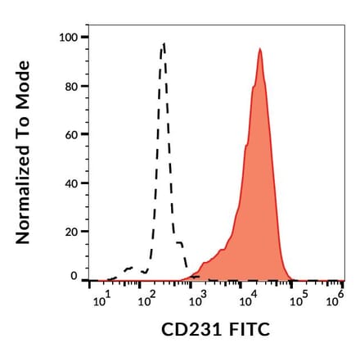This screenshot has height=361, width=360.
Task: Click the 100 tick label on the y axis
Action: [69, 38]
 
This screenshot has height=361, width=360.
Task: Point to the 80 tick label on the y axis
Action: [71, 86]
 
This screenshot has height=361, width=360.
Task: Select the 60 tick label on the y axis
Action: [71, 134]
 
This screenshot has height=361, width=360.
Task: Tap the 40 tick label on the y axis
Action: [71, 183]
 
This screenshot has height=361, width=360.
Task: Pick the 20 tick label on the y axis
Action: [71, 231]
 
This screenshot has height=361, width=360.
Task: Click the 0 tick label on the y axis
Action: [74, 277]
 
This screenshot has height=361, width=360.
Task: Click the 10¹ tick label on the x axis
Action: [101, 301]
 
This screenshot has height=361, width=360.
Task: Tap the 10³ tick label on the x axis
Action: [196, 301]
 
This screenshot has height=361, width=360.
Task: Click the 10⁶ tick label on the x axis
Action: [334, 301]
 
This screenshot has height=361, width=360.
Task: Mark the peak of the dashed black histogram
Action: [164, 44]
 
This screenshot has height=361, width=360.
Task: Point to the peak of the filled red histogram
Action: [259, 49]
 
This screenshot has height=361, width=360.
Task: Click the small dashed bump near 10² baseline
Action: [128, 268]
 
